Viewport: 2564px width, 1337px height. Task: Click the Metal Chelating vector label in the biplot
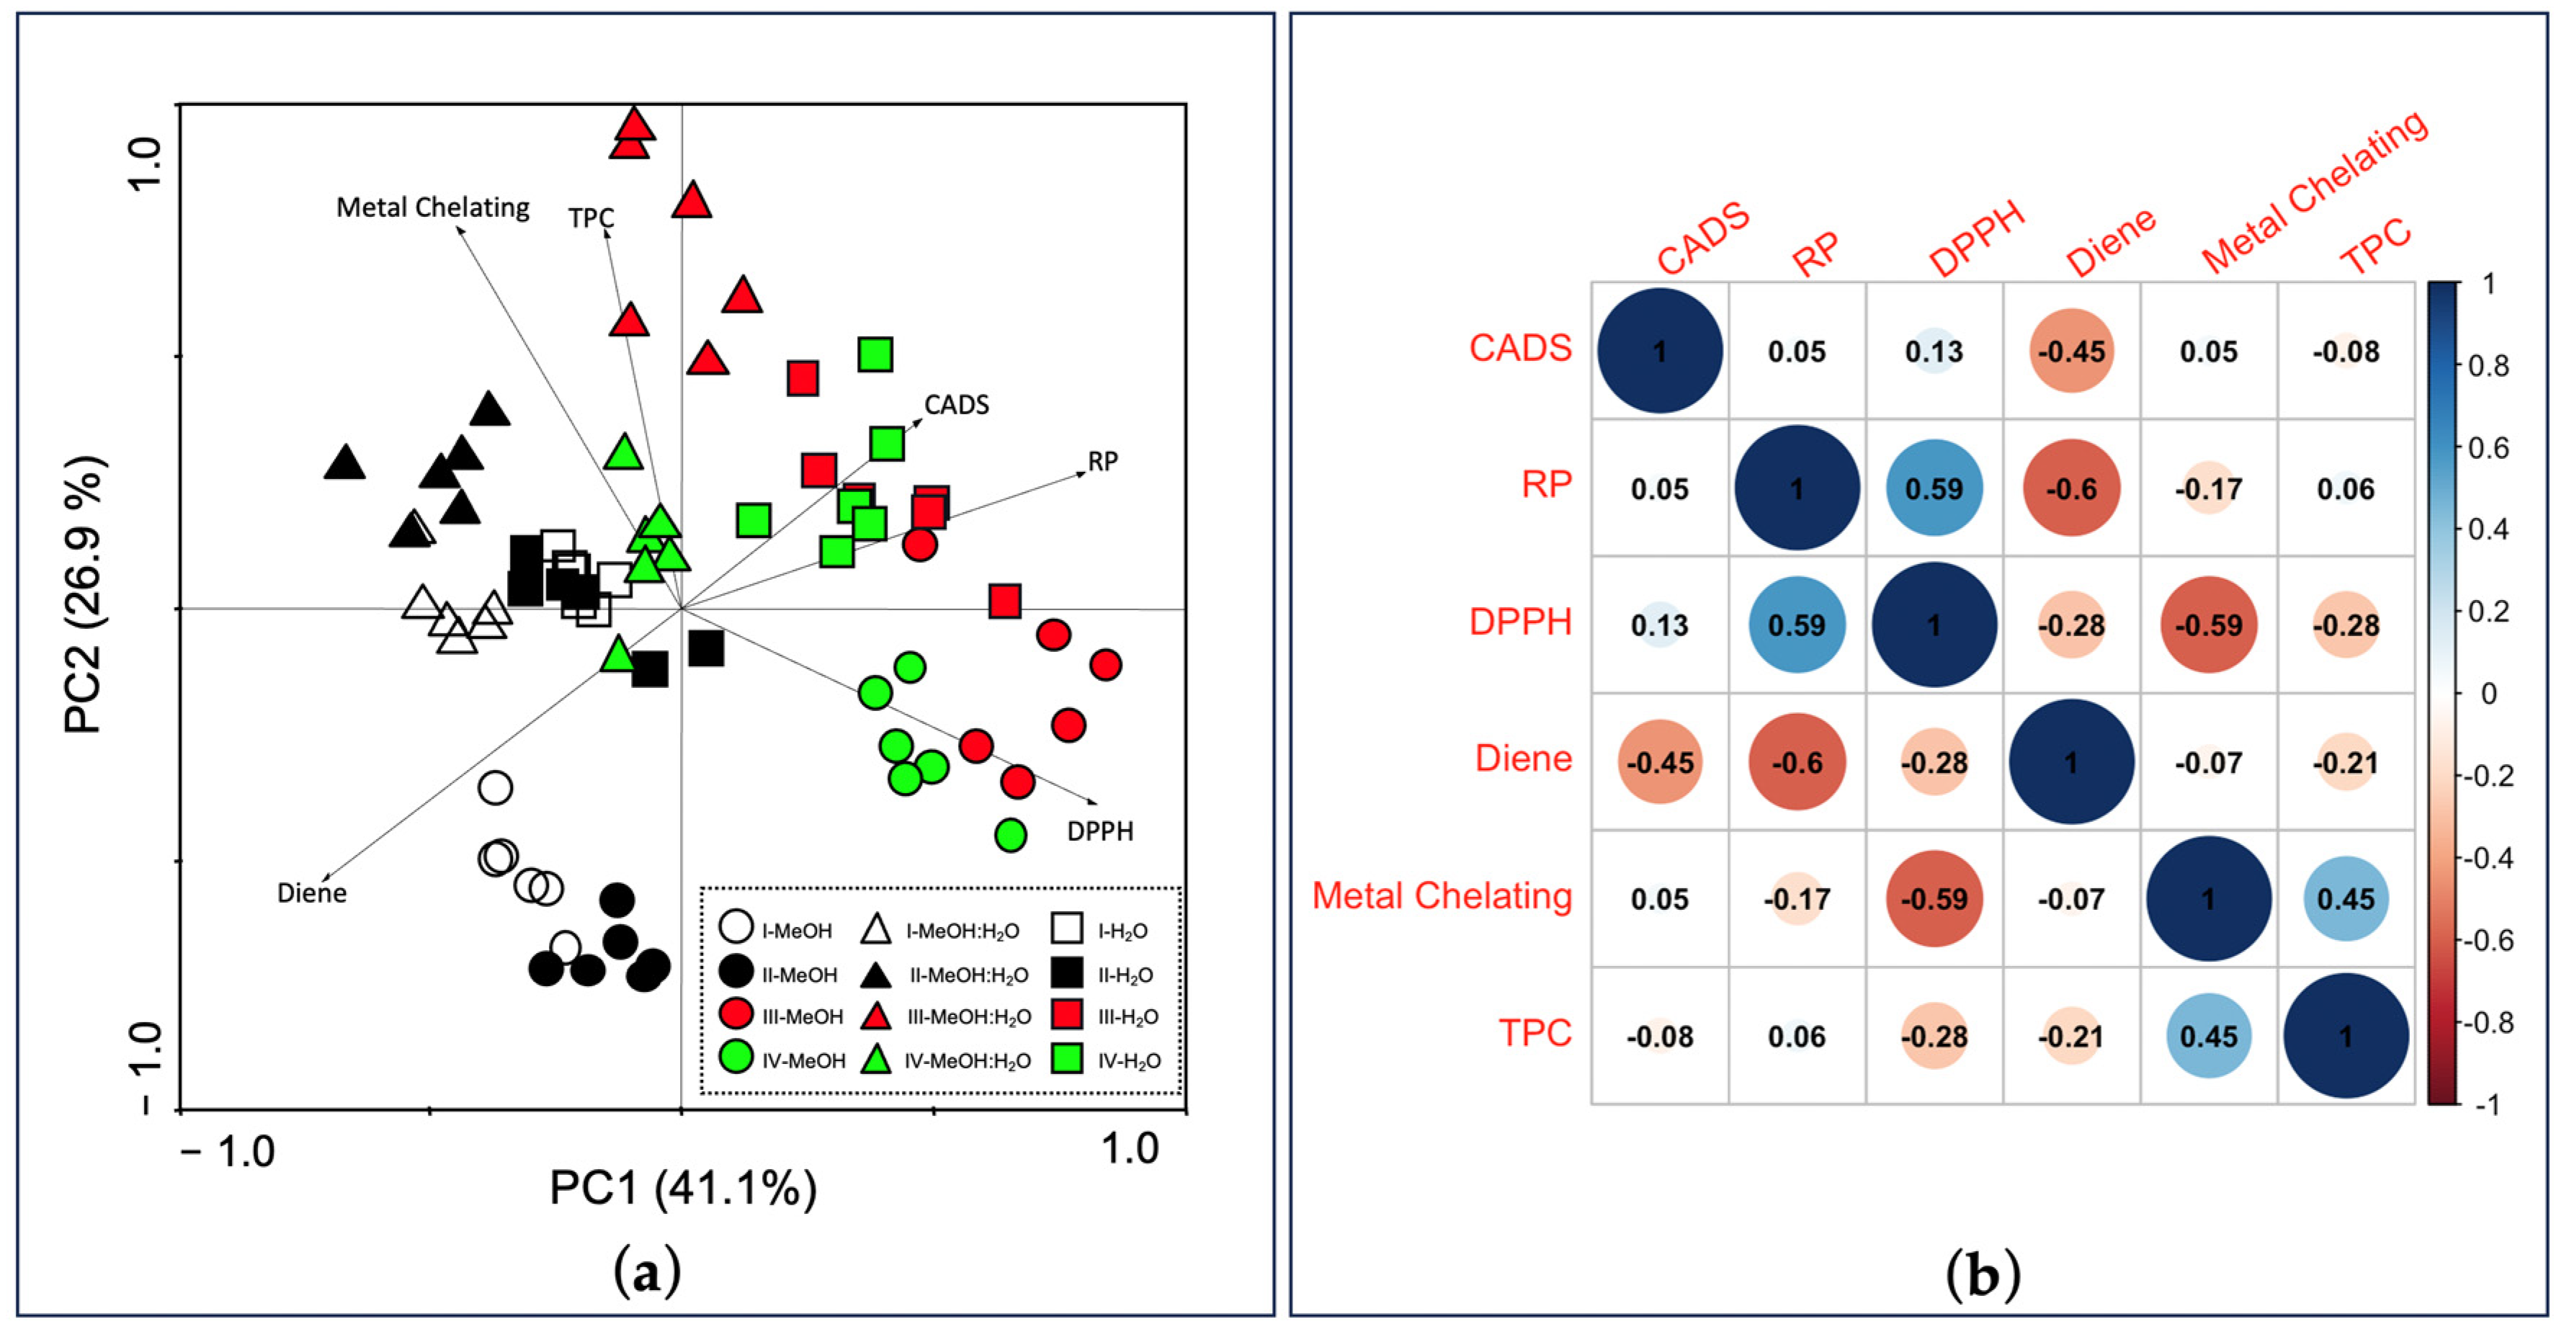(432, 207)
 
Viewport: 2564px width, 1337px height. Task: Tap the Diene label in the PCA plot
(311, 893)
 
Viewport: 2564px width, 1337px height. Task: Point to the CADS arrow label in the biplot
(957, 404)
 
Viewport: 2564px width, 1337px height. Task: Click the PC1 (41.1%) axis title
(683, 1188)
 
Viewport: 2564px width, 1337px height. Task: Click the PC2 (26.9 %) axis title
(84, 594)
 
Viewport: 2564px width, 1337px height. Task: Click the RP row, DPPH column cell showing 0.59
(1934, 488)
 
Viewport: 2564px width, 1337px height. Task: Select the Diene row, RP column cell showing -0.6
(1797, 763)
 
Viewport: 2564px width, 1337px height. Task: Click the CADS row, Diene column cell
(2071, 352)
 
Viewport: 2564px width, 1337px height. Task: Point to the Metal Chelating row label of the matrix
(1442, 896)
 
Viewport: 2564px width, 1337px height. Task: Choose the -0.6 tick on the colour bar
(2485, 940)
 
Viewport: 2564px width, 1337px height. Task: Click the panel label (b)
(1982, 1274)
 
